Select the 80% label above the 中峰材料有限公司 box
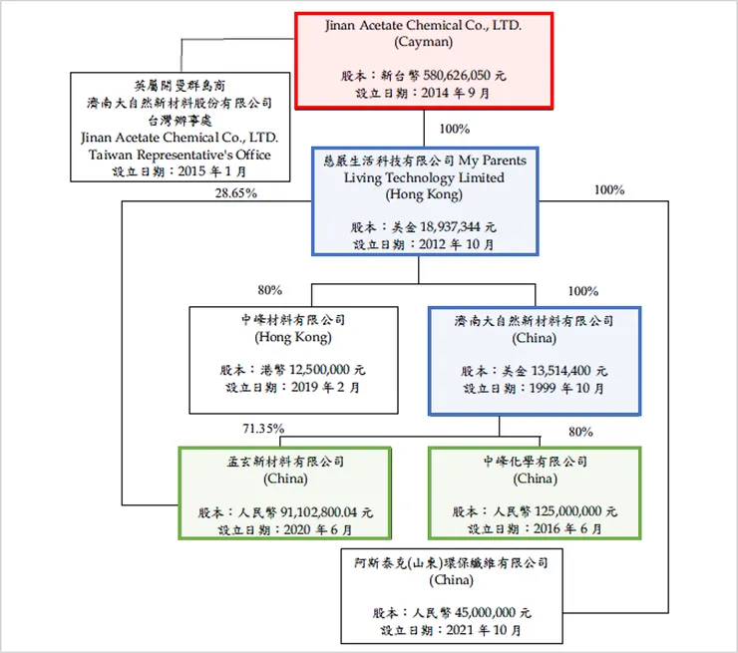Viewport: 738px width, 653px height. (x=269, y=290)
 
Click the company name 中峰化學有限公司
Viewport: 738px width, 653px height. (x=535, y=462)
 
